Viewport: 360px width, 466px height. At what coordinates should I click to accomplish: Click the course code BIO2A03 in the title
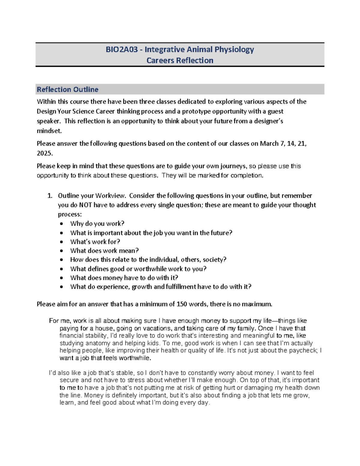click(x=121, y=50)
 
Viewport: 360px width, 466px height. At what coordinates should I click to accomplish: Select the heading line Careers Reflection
click(x=180, y=61)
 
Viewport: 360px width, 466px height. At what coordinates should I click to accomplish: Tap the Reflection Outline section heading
click(x=67, y=89)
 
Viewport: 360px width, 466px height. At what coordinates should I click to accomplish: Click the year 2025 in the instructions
click(x=44, y=153)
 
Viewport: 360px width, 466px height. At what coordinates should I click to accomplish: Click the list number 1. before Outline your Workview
click(x=50, y=196)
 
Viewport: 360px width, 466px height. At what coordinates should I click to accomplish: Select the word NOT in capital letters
click(x=85, y=205)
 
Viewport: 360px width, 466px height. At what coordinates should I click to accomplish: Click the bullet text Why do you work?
click(x=97, y=224)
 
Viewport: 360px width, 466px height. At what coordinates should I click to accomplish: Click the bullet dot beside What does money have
click(x=61, y=278)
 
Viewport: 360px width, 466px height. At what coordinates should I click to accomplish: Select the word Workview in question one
click(x=110, y=196)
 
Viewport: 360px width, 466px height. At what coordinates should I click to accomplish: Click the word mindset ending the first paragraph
click(x=49, y=131)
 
